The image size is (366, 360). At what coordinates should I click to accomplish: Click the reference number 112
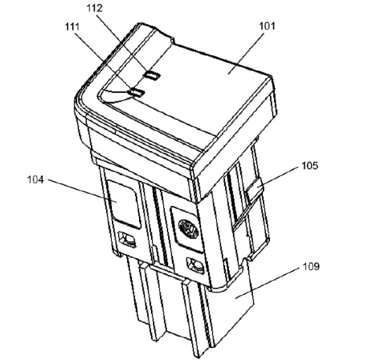pyautogui.click(x=95, y=8)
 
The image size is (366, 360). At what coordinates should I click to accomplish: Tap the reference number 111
pyautogui.click(x=72, y=27)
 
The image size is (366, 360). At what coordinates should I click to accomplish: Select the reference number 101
pyautogui.click(x=267, y=26)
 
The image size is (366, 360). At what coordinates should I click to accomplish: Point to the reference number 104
pyautogui.click(x=35, y=180)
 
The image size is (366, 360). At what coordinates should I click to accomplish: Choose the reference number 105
pyautogui.click(x=310, y=166)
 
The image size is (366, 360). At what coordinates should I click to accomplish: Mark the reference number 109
pyautogui.click(x=311, y=266)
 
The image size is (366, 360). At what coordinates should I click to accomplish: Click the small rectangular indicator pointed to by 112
pyautogui.click(x=152, y=75)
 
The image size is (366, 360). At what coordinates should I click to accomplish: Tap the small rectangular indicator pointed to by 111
pyautogui.click(x=137, y=92)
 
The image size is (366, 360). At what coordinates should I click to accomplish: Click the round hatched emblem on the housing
pyautogui.click(x=188, y=228)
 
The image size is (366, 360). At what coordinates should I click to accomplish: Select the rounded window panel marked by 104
pyautogui.click(x=124, y=204)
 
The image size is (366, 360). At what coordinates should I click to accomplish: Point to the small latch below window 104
pyautogui.click(x=127, y=239)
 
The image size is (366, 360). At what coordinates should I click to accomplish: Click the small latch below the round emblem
pyautogui.click(x=195, y=265)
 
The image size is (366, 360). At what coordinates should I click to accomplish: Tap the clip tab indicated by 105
pyautogui.click(x=254, y=189)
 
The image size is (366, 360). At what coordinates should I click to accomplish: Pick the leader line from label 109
pyautogui.click(x=267, y=283)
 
